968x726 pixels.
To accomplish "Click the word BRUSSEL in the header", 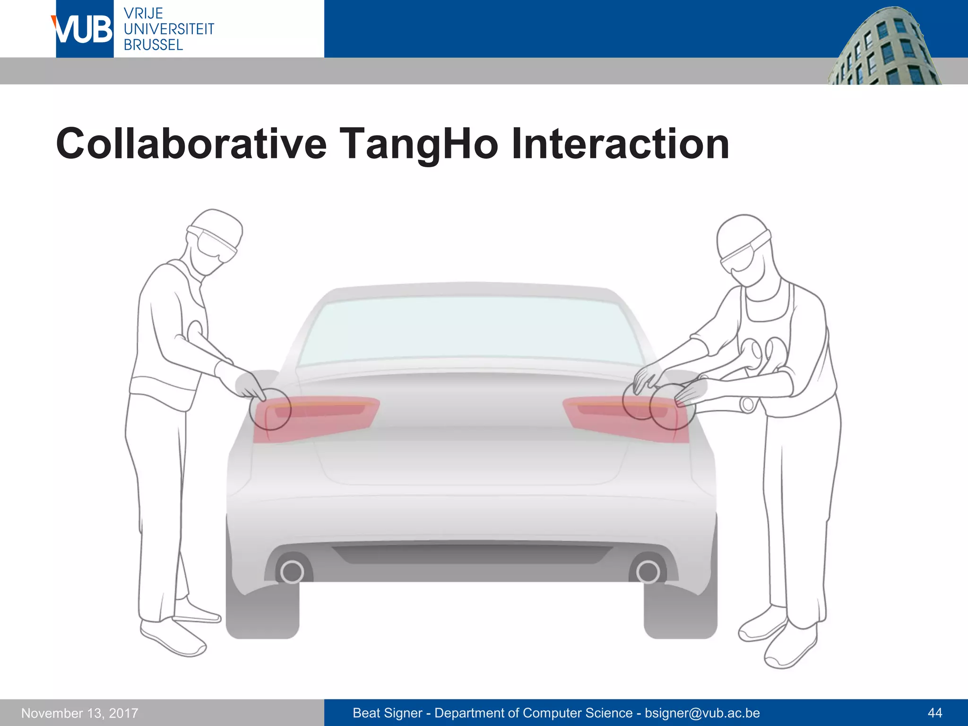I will [x=153, y=45].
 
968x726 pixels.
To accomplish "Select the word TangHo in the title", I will [x=419, y=144].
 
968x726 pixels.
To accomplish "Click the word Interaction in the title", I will [x=620, y=144].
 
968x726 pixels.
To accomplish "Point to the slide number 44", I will [x=934, y=713].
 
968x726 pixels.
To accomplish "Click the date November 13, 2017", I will [x=80, y=713].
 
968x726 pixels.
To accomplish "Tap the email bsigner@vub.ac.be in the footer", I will [x=702, y=713].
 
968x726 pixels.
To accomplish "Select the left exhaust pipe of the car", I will [x=292, y=572].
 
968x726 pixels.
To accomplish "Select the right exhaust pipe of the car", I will [x=648, y=572].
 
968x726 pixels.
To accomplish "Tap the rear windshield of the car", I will [x=468, y=331].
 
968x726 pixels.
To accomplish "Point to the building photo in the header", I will [x=884, y=47].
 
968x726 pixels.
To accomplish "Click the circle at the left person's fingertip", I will [x=270, y=409].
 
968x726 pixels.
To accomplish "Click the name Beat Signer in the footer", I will [x=388, y=713].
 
